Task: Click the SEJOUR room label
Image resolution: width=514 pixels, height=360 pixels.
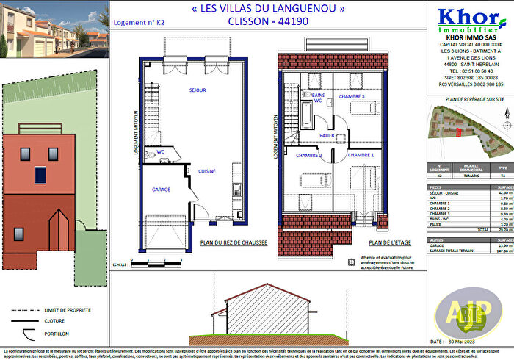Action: click(196, 90)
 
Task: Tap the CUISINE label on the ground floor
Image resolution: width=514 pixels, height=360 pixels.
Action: click(206, 170)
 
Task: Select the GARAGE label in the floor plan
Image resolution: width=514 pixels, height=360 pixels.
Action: click(162, 189)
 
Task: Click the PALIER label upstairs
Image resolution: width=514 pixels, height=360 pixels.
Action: click(327, 135)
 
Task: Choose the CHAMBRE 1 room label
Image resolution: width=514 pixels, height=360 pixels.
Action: click(361, 156)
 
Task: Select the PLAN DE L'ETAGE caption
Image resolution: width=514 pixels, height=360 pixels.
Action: click(389, 242)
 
